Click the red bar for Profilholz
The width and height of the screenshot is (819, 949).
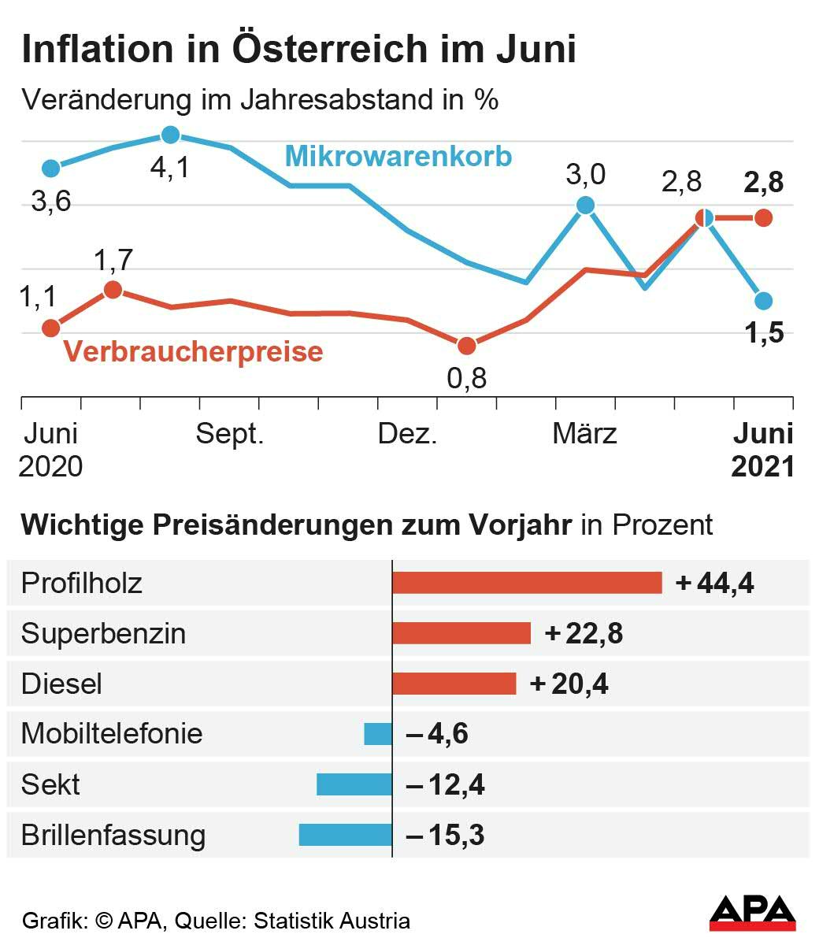(527, 583)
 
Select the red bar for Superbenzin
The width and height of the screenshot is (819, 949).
(461, 633)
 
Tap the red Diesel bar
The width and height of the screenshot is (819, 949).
(454, 684)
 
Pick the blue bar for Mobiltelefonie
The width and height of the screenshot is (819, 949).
(378, 734)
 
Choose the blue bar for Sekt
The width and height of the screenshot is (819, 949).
(354, 784)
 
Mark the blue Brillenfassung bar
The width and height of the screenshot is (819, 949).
(346, 835)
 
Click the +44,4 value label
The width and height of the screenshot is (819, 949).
(715, 584)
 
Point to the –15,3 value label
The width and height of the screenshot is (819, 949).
(446, 835)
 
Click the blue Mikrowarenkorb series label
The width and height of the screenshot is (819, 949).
(398, 155)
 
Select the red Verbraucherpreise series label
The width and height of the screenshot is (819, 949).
(194, 351)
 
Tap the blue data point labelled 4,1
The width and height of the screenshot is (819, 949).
(170, 135)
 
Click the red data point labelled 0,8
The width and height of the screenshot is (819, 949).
(467, 346)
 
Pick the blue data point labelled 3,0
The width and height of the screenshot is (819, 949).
(585, 205)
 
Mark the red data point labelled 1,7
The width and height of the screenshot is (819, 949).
(113, 289)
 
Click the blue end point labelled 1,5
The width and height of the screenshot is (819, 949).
(763, 300)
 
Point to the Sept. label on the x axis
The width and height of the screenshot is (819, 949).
(229, 434)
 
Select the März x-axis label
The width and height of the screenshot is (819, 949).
(584, 434)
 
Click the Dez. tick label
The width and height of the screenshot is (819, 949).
(407, 434)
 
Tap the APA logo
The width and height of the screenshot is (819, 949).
(753, 913)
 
